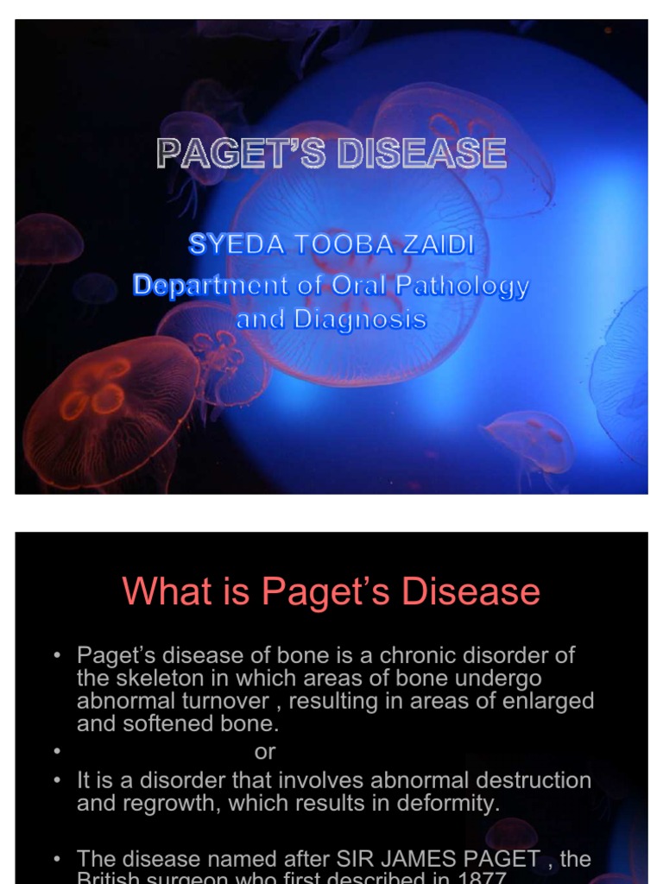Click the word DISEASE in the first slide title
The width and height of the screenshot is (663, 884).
(x=421, y=154)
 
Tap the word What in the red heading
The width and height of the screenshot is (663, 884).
(x=163, y=592)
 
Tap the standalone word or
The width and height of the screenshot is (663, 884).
(x=265, y=752)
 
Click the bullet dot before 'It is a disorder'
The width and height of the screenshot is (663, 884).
(x=58, y=780)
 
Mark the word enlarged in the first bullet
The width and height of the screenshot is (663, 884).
(x=551, y=701)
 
